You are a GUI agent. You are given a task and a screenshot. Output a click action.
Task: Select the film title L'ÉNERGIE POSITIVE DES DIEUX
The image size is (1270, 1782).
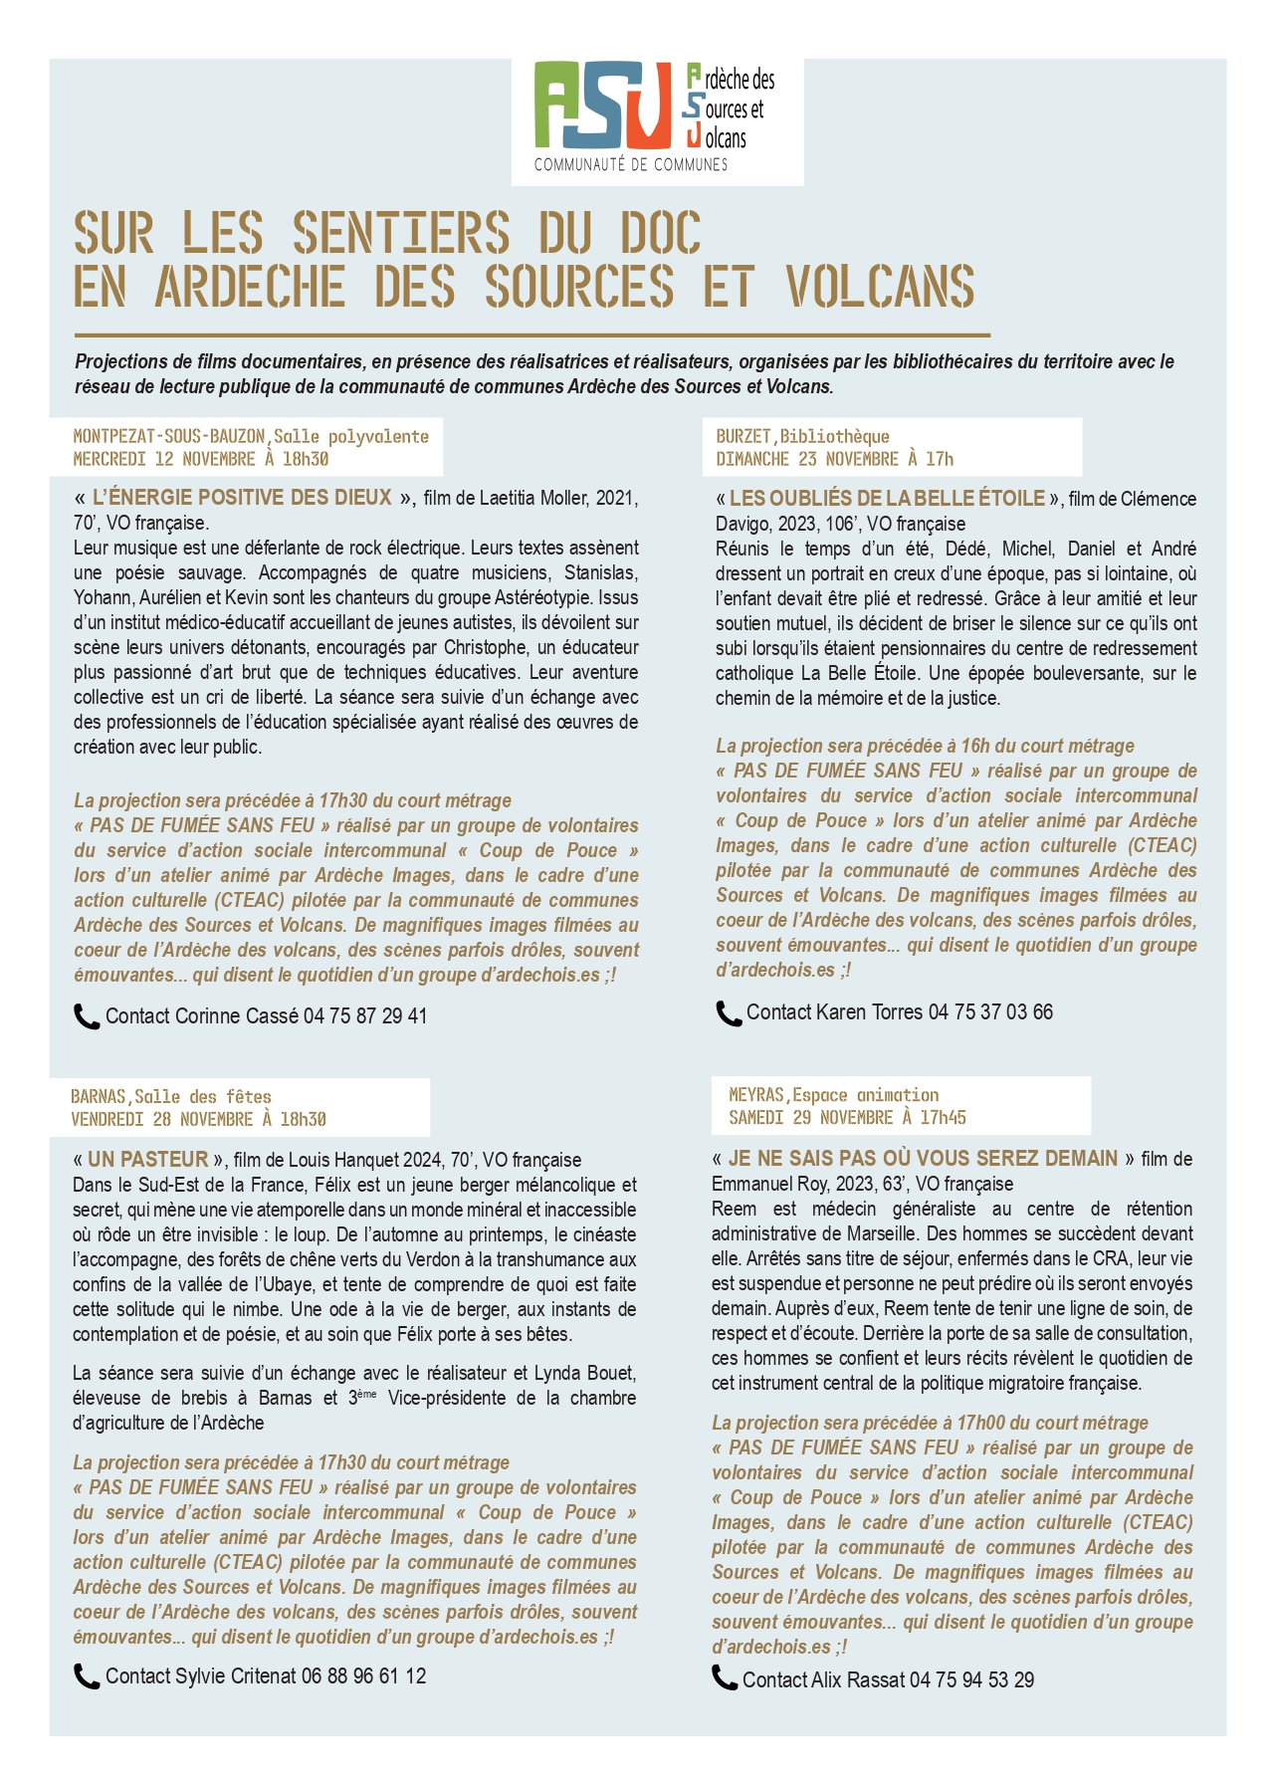coord(242,498)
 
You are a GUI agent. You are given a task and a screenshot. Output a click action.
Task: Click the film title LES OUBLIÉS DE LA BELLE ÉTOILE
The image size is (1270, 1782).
coord(887,499)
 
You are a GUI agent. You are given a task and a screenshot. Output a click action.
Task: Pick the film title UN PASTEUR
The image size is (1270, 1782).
coord(148,1159)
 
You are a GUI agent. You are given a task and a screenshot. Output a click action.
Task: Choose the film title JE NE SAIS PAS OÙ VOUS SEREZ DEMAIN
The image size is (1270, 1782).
coord(923,1158)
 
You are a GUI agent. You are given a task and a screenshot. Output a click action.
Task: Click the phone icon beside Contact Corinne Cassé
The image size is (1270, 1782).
coord(87,1016)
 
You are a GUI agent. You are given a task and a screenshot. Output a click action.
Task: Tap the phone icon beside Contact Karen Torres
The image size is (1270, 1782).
coord(729,1012)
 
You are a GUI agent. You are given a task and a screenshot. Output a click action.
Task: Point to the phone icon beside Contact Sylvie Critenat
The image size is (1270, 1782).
coord(87,1676)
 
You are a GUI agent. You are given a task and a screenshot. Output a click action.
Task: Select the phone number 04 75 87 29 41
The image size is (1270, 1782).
coord(365,1016)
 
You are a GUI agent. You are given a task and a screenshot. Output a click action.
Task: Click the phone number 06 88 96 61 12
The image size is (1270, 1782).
coord(363,1676)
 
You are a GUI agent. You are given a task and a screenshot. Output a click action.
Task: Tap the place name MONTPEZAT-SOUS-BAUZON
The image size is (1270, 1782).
coord(169,436)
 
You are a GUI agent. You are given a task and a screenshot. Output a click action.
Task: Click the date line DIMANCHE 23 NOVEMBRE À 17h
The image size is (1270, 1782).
coord(834,459)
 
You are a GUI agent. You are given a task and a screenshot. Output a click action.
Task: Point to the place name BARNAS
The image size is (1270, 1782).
coord(99,1096)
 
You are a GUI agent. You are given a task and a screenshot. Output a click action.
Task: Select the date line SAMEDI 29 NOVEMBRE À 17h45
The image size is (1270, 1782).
coord(847,1117)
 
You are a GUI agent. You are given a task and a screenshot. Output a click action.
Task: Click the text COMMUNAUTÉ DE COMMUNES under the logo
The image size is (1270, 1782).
coord(631,164)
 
